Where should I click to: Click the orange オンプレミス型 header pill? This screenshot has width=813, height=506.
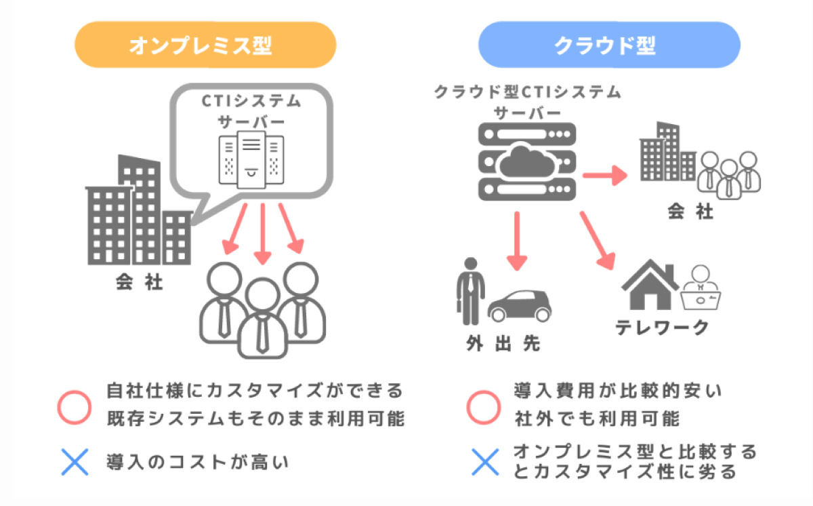[205, 45]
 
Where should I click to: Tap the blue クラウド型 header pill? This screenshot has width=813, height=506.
[608, 45]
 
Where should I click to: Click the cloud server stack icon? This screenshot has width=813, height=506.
[526, 161]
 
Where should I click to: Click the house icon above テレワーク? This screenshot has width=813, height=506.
[650, 285]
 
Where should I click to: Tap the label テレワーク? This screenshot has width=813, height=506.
[662, 328]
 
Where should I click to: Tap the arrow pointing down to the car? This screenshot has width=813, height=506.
[517, 241]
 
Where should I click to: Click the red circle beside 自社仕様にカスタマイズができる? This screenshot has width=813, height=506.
[75, 405]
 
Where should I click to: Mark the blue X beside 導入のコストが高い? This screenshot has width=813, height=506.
[75, 463]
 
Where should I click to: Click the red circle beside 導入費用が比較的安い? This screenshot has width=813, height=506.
[484, 405]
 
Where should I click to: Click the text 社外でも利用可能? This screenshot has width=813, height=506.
[596, 418]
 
